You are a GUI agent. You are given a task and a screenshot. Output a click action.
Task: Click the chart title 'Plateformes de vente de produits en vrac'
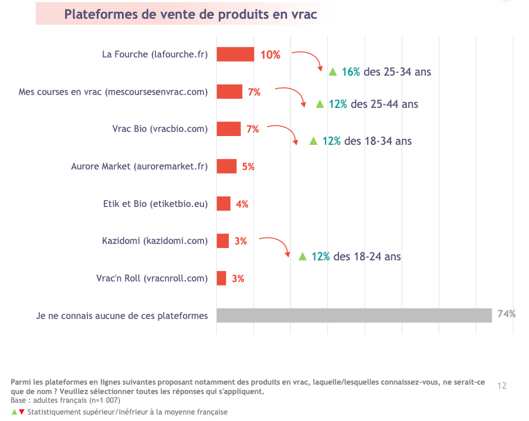pyautogui.click(x=190, y=14)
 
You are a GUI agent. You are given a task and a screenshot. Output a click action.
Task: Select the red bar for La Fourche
pyautogui.click(x=235, y=55)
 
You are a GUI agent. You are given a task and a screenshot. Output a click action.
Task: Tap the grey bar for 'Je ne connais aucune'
pyautogui.click(x=354, y=315)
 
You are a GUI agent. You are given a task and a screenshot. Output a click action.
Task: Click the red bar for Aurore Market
pyautogui.click(x=226, y=166)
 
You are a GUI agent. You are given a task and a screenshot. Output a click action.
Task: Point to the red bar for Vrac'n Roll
pyautogui.click(x=221, y=279)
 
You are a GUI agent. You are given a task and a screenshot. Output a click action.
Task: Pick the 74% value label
pyautogui.click(x=506, y=314)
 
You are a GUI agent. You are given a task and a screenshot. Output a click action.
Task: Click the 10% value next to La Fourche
pyautogui.click(x=270, y=55)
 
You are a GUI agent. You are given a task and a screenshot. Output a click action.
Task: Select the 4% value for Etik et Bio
pyautogui.click(x=242, y=204)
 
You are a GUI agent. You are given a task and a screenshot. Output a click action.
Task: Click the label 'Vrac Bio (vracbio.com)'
pyautogui.click(x=160, y=129)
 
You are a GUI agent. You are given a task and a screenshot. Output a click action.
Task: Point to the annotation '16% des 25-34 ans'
pyautogui.click(x=386, y=72)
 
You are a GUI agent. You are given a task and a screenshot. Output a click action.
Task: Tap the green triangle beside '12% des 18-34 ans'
pyautogui.click(x=313, y=141)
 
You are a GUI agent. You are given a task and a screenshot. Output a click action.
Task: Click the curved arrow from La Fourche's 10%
pyautogui.click(x=309, y=59)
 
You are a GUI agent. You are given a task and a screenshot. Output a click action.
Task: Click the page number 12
pyautogui.click(x=501, y=386)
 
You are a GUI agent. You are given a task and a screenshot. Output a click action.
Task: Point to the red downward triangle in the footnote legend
pyautogui.click(x=22, y=412)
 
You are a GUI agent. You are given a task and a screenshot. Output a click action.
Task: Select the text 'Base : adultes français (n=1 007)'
pyautogui.click(x=65, y=400)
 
